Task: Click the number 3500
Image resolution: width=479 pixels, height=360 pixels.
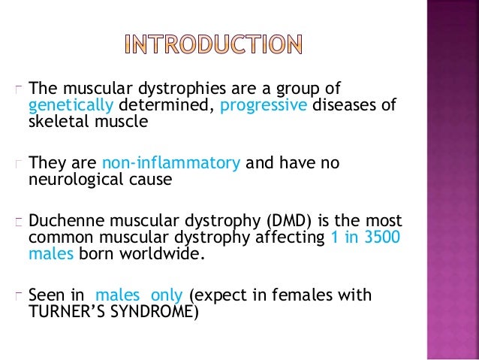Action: [380, 238]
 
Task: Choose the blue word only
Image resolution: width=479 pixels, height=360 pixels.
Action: [167, 295]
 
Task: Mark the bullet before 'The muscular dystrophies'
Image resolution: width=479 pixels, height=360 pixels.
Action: [20, 88]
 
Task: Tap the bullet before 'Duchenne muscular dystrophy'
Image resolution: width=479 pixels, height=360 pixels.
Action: [20, 221]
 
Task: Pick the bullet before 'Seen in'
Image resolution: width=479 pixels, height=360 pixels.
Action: [20, 295]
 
